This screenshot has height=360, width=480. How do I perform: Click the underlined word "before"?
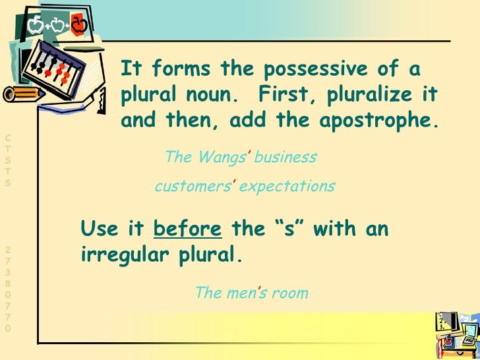coord(187,229)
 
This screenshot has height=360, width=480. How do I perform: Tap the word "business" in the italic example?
coord(285,158)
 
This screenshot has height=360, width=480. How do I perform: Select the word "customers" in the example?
coord(191,187)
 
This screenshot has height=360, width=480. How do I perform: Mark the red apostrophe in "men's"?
coord(255,290)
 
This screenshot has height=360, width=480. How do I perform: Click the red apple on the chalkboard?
coord(78,26)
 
